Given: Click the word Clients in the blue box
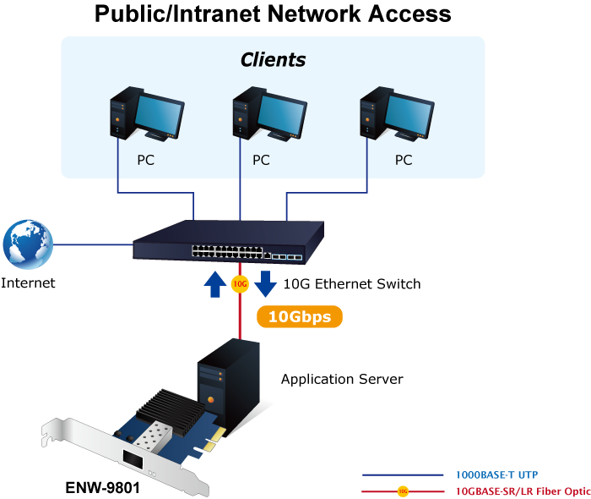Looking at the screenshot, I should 273,60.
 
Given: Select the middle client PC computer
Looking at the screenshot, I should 268,115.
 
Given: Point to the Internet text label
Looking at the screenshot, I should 28,282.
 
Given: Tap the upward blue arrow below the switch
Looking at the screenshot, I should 212,284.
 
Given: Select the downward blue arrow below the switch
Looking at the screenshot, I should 266,282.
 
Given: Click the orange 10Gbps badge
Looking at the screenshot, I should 299,317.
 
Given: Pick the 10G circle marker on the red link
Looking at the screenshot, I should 239,284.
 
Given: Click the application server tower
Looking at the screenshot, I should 229,376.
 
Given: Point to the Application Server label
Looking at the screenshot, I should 342,379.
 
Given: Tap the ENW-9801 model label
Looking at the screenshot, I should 102,488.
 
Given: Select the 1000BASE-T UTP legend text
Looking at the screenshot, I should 496,474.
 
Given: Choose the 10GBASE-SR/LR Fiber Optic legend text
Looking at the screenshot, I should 522,491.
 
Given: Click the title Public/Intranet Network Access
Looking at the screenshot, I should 273,14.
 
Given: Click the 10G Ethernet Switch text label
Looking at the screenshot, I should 352,284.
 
